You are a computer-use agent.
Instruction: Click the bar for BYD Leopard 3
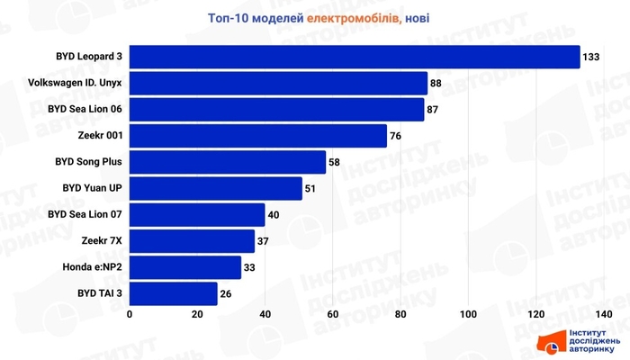pyautogui.click(x=355, y=57)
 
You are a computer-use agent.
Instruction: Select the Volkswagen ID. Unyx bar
pyautogui.click(x=279, y=84)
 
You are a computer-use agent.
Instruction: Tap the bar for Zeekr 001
pyautogui.click(x=258, y=136)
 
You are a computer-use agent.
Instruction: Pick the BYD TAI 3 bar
pyautogui.click(x=174, y=293)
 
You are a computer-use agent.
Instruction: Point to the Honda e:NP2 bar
pyautogui.click(x=185, y=267)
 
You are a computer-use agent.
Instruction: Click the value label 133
pyautogui.click(x=591, y=57)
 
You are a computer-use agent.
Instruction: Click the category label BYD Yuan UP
pyautogui.click(x=93, y=189)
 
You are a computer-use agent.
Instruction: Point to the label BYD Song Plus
pyautogui.click(x=89, y=162)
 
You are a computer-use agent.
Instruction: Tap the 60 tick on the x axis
pyautogui.click(x=333, y=314)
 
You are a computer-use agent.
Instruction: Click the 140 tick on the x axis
pyautogui.click(x=603, y=314)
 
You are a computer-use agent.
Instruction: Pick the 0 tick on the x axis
pyautogui.click(x=130, y=314)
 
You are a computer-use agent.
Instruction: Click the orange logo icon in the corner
pyautogui.click(x=551, y=343)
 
